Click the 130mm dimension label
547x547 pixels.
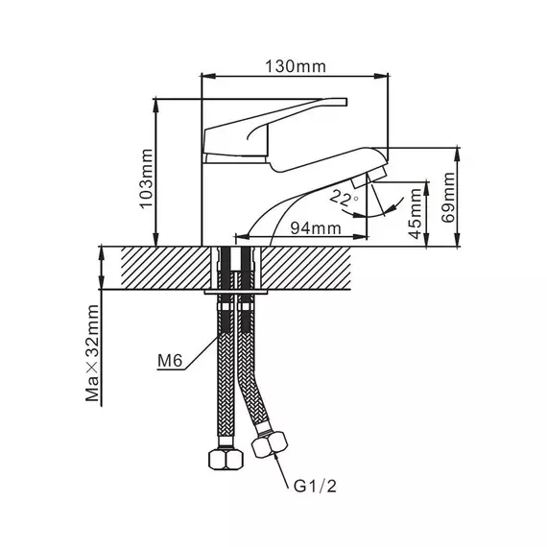pyautogui.click(x=296, y=66)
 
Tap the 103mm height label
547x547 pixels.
pyautogui.click(x=147, y=178)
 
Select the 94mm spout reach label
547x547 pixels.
pyautogui.click(x=316, y=228)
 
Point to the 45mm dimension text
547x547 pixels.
pyautogui.click(x=415, y=213)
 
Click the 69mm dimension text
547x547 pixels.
pyautogui.click(x=448, y=197)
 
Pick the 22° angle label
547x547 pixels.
pyautogui.click(x=345, y=198)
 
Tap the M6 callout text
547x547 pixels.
pyautogui.click(x=170, y=361)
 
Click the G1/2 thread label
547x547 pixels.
pyautogui.click(x=315, y=486)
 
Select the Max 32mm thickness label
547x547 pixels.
pyautogui.click(x=92, y=353)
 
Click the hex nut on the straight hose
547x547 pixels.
pyautogui.click(x=226, y=460)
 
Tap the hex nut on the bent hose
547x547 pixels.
pyautogui.click(x=270, y=444)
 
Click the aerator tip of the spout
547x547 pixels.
pyautogui.click(x=369, y=177)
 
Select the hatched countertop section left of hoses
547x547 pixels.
pyautogui.click(x=166, y=268)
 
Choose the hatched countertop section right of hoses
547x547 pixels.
pyautogui.click(x=306, y=268)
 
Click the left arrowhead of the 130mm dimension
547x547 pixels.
pyautogui.click(x=208, y=76)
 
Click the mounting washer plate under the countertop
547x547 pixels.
pyautogui.click(x=236, y=292)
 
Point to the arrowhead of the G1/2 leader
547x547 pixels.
pyautogui.click(x=277, y=458)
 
